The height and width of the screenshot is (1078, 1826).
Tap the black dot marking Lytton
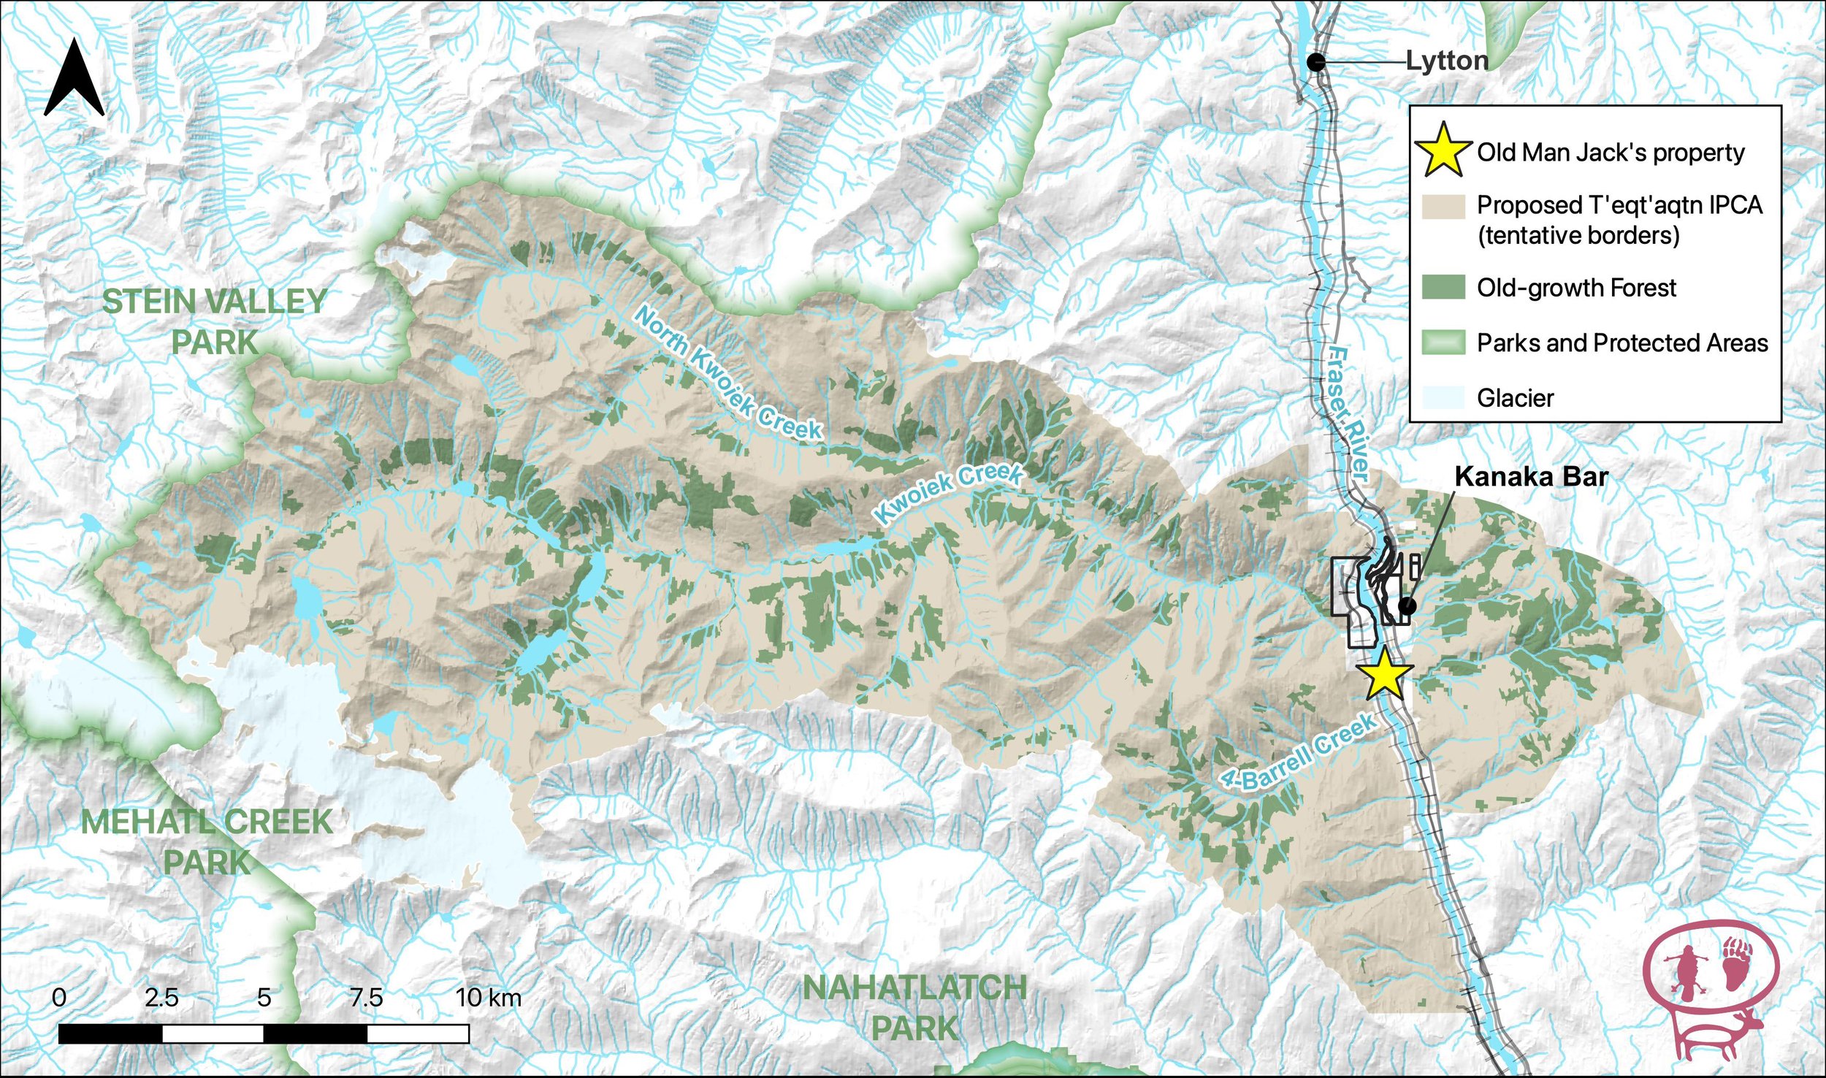[1316, 62]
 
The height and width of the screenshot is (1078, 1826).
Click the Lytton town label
[1447, 61]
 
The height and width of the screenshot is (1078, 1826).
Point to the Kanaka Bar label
[1531, 477]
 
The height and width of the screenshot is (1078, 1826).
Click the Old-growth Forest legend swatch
[1443, 288]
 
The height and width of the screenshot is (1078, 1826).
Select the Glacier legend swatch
[1443, 398]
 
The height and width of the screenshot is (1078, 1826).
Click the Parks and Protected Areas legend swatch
[1443, 343]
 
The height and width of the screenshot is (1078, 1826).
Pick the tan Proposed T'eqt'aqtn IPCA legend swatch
[1443, 207]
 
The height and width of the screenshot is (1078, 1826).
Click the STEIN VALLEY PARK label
[214, 322]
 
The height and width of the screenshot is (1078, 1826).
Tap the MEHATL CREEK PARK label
[207, 842]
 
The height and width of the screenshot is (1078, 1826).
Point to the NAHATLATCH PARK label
[914, 1008]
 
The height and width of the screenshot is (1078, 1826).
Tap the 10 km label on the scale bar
[488, 998]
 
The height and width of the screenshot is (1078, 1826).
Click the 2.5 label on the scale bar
[161, 998]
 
